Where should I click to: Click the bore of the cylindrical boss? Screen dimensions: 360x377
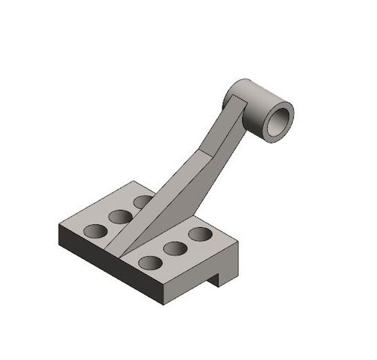point(279,120)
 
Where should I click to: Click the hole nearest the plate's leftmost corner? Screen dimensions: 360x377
point(96,231)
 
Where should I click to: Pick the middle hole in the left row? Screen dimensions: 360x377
point(120,217)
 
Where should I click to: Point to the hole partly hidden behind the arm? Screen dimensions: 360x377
point(142,202)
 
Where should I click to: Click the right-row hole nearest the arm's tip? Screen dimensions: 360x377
point(151,263)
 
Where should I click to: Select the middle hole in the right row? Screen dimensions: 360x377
point(176,248)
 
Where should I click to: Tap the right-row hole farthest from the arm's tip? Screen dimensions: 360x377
point(199,234)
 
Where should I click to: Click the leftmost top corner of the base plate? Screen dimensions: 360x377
point(59,227)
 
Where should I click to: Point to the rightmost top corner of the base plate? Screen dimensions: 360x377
point(238,242)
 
